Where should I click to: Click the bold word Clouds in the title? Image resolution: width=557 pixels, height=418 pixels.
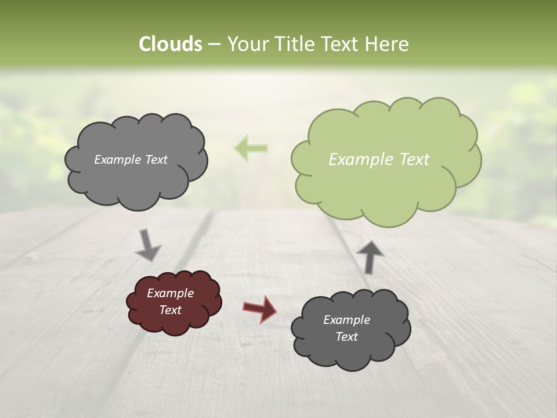click(171, 44)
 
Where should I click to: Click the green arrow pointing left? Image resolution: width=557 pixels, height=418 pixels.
click(251, 149)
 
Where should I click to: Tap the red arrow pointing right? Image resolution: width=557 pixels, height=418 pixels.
click(261, 308)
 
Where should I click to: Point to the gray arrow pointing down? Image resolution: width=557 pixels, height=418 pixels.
click(149, 244)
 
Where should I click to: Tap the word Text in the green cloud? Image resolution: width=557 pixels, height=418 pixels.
click(415, 160)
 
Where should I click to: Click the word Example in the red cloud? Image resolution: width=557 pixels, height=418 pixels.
click(171, 293)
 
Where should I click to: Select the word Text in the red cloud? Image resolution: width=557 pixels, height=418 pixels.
click(171, 310)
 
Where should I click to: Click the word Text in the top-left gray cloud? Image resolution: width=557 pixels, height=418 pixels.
click(156, 160)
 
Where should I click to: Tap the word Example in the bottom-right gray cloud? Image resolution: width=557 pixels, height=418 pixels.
click(346, 320)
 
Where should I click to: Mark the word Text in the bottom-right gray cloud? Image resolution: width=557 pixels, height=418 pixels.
click(346, 337)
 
